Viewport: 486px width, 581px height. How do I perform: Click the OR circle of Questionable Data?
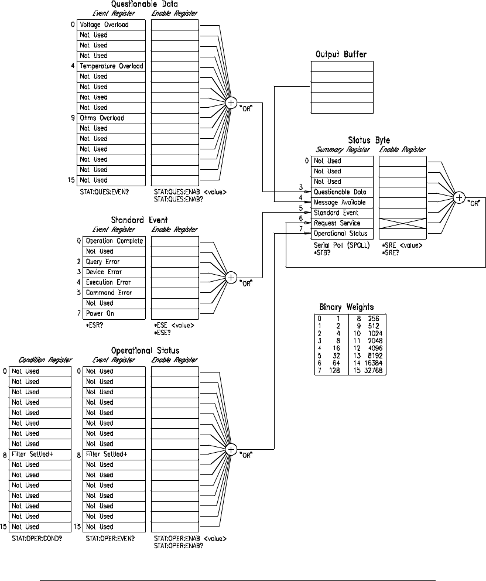[231, 103]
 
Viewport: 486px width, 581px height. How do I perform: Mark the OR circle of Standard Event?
[231, 277]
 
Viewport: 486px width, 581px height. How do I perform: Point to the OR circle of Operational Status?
[231, 450]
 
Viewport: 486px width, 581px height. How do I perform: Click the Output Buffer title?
[341, 54]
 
